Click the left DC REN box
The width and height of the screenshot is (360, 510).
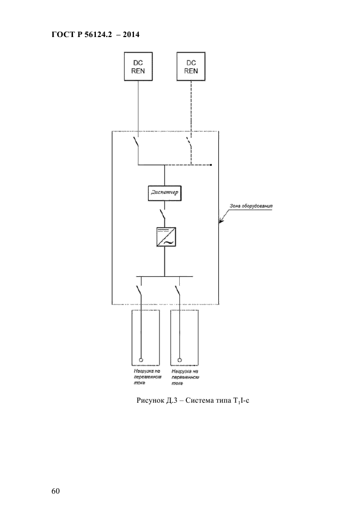(139, 66)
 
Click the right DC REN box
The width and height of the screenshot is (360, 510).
(191, 66)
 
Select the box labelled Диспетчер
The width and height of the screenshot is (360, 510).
(164, 193)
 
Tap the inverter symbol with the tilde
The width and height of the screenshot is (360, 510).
(164, 238)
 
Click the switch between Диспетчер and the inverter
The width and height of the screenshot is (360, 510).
(162, 212)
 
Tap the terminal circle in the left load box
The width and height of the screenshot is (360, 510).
(141, 360)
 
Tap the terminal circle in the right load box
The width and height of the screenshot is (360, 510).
(179, 360)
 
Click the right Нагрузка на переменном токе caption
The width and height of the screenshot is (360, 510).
(185, 377)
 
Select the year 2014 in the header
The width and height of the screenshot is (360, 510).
(131, 34)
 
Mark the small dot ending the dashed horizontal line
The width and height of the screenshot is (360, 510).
(211, 163)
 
